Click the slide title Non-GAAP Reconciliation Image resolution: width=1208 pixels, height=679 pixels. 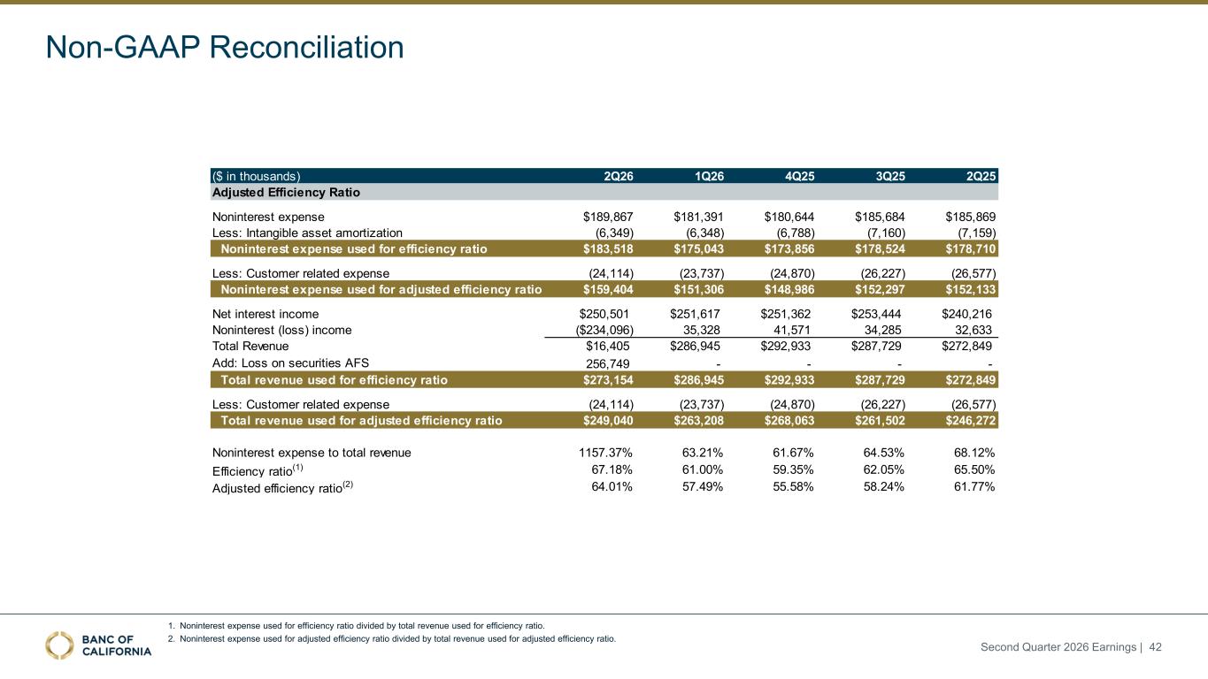tap(225, 47)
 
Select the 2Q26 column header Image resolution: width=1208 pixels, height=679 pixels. tap(618, 176)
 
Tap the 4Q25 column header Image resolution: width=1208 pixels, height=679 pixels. tap(799, 176)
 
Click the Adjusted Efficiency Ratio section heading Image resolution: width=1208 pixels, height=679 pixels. tap(286, 193)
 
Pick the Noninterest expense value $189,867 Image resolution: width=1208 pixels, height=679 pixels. tap(608, 217)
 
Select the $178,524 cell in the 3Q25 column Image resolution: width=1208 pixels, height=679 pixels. tap(880, 249)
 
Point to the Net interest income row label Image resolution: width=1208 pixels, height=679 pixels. tap(265, 314)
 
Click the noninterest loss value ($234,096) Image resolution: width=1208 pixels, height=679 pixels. tap(604, 330)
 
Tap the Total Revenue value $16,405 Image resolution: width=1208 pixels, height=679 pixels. tap(608, 346)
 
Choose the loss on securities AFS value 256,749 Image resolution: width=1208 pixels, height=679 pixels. tap(608, 363)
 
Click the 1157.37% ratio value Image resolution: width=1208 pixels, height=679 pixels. tap(605, 453)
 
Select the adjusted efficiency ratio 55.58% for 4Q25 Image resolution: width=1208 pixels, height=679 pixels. tap(793, 486)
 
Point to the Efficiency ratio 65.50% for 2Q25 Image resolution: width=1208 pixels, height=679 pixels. tap(974, 469)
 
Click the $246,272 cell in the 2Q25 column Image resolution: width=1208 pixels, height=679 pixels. tap(970, 420)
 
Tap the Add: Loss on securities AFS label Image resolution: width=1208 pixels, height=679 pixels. tap(290, 362)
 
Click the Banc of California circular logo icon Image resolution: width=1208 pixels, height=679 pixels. tap(59, 645)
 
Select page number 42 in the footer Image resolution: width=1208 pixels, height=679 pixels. tap(1155, 646)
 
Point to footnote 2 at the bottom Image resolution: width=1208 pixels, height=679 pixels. tap(391, 638)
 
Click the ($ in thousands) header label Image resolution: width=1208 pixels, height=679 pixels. tap(256, 176)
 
